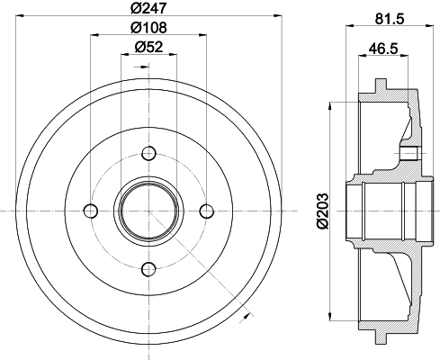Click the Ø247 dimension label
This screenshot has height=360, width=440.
148,7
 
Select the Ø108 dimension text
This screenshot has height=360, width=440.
148,28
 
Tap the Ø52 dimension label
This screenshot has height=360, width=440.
148,47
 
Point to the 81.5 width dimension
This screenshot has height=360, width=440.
390,19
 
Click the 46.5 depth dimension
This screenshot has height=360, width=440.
383,49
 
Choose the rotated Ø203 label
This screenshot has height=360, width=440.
322,211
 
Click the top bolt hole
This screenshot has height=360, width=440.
148,154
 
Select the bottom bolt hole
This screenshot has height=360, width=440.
148,269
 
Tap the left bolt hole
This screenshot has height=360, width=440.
91,211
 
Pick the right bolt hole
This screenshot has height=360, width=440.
207,211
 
